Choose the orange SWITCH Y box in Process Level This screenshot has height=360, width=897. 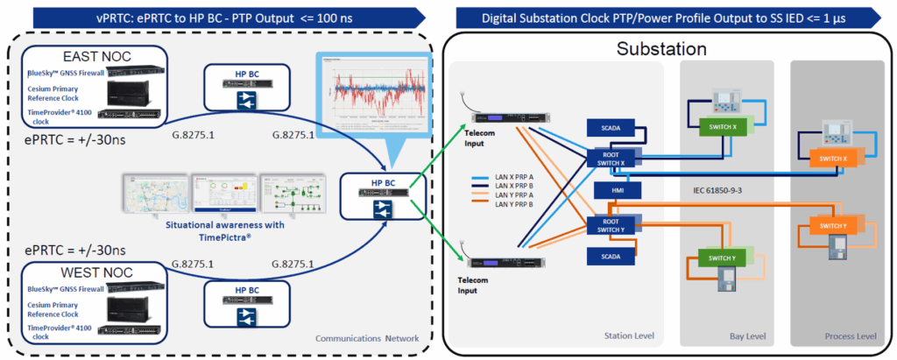click(x=831, y=227)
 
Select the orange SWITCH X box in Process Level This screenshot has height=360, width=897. click(x=831, y=159)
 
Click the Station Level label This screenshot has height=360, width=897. click(x=628, y=335)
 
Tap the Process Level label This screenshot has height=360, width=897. click(x=848, y=335)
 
